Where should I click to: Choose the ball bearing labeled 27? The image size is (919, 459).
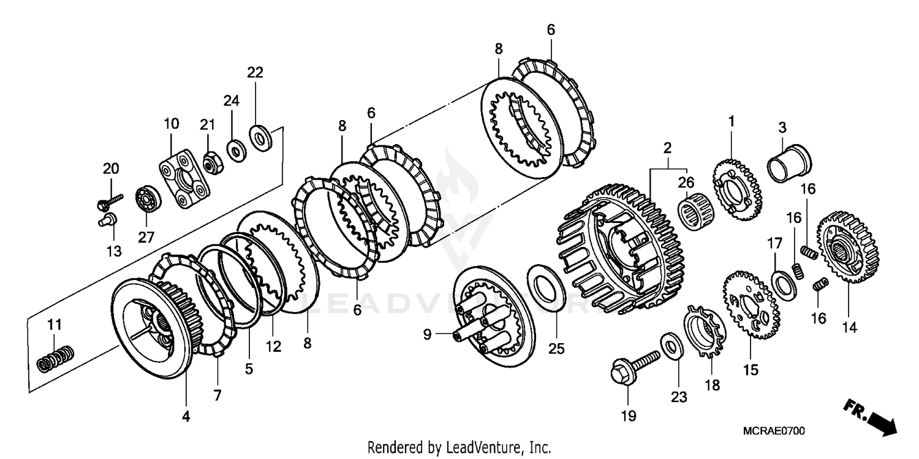[x=148, y=199]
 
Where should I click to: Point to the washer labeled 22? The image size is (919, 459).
[x=261, y=138]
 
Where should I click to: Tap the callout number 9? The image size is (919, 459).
[x=426, y=335]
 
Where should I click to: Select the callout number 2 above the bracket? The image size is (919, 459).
[x=667, y=148]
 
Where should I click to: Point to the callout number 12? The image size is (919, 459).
[x=273, y=347]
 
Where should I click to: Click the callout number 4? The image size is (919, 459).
[x=186, y=417]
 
